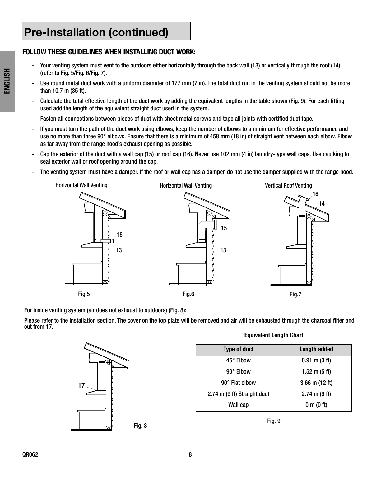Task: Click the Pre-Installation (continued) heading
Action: pyautogui.click(x=96, y=32)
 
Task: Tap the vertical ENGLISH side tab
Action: pyautogui.click(x=7, y=81)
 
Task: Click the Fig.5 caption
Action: pyautogui.click(x=84, y=294)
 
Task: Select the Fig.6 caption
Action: pyautogui.click(x=188, y=294)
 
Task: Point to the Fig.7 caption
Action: pyautogui.click(x=295, y=295)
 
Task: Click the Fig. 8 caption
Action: pyautogui.click(x=140, y=426)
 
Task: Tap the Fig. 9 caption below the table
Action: pyautogui.click(x=274, y=421)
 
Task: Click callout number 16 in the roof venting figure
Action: pyautogui.click(x=315, y=194)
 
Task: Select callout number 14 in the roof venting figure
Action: pyautogui.click(x=322, y=203)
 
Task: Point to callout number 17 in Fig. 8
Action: pyautogui.click(x=81, y=386)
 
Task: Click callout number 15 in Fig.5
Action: pyautogui.click(x=119, y=235)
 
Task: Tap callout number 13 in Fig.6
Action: pyautogui.click(x=223, y=250)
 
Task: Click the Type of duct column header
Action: pyautogui.click(x=238, y=349)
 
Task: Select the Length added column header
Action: pyautogui.click(x=316, y=349)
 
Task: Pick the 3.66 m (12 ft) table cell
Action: pyautogui.click(x=316, y=383)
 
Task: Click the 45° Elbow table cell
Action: pyautogui.click(x=238, y=360)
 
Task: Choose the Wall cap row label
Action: pyautogui.click(x=238, y=405)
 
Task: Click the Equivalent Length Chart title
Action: pyautogui.click(x=274, y=335)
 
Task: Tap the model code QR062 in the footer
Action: pyautogui.click(x=30, y=455)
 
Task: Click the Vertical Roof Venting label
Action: pyautogui.click(x=288, y=186)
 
